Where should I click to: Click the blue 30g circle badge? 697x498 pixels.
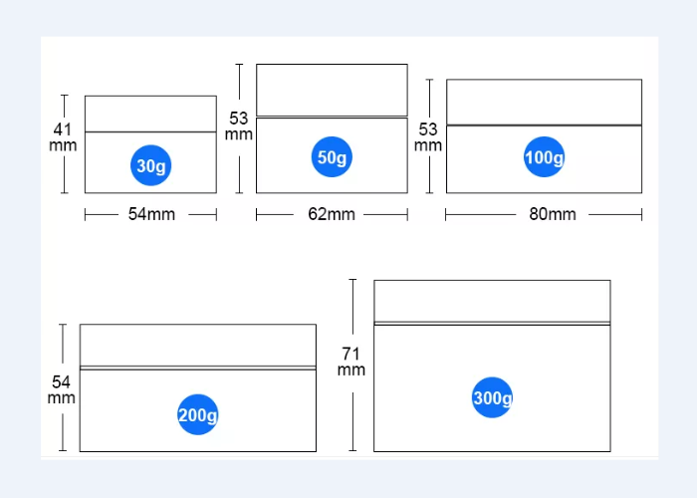coord(150,166)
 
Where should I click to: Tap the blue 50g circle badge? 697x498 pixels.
coord(332,157)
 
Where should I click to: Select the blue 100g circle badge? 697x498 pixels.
coord(544,157)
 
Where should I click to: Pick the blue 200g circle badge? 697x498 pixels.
coord(197,415)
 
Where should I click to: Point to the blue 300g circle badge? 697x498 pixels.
coord(492,398)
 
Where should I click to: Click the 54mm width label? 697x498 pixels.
coord(150,214)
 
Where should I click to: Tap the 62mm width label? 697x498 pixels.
coord(332,214)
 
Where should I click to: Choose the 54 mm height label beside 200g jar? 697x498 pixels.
coord(61,389)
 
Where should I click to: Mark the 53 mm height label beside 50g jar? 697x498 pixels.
coord(239,125)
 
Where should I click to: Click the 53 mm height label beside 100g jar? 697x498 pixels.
coord(428,136)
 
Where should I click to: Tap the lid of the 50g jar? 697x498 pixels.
coord(332,90)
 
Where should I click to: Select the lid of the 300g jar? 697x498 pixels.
coord(492,301)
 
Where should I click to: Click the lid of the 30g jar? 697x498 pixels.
coord(150,114)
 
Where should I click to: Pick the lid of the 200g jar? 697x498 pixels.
coord(197,345)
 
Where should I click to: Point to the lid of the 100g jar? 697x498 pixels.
coord(544,102)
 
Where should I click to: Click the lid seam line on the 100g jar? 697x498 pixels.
coord(544,124)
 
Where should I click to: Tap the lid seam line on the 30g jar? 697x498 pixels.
coord(150,131)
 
